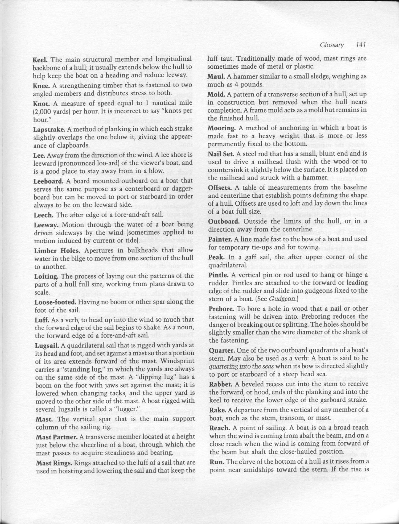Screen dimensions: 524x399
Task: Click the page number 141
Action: point(361,45)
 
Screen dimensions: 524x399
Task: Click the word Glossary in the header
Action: point(332,45)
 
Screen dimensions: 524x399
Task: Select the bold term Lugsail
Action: point(47,346)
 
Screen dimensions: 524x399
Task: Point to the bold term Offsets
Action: point(220,188)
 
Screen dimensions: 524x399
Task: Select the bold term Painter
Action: point(220,239)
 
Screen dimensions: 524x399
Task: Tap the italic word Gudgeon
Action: point(282,299)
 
